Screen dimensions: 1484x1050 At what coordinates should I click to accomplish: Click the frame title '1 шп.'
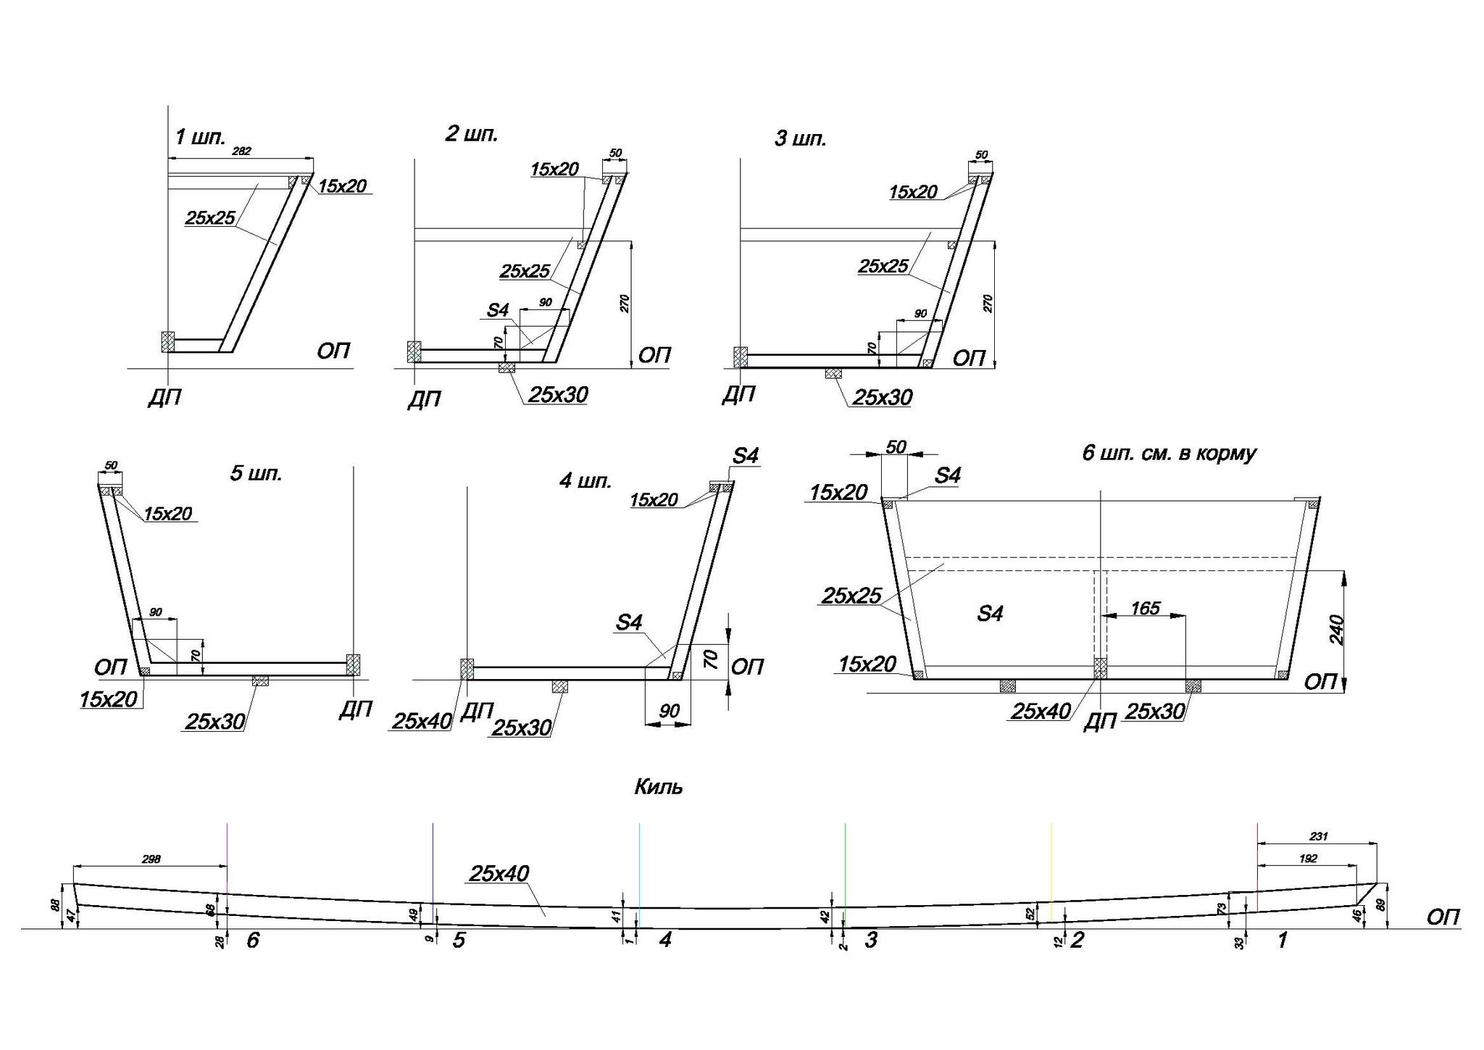point(201,137)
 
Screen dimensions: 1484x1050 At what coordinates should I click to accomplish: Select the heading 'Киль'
point(659,787)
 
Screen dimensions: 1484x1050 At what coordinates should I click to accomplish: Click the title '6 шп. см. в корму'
point(1169,454)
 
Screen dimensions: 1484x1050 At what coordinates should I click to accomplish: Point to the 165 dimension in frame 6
point(1145,608)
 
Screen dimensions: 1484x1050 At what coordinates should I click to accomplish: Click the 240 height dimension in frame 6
point(1337,630)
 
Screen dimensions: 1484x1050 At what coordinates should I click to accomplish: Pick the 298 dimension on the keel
point(151,859)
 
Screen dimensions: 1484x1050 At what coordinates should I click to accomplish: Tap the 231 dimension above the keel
point(1318,836)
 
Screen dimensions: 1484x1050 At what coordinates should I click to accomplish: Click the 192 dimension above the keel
point(1308,859)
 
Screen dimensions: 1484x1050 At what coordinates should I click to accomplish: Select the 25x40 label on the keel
point(499,873)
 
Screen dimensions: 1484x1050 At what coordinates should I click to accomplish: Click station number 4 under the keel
point(665,940)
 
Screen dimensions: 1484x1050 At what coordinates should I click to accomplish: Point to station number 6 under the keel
point(253,940)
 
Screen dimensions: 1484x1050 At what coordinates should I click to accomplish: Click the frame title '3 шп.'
point(801,138)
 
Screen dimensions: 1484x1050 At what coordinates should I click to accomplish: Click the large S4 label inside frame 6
point(990,614)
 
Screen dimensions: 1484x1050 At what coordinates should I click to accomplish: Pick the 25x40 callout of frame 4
point(422,720)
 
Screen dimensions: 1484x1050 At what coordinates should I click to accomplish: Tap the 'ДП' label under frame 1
point(164,397)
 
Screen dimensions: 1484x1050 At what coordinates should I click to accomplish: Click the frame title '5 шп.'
point(256,474)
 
